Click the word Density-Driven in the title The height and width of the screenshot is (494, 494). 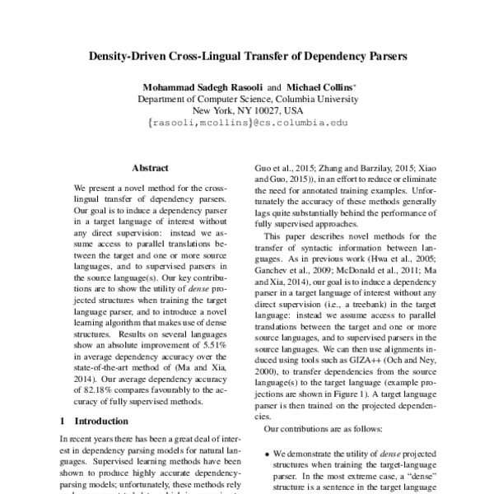(x=137, y=59)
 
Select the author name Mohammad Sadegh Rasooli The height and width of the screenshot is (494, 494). (x=189, y=85)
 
